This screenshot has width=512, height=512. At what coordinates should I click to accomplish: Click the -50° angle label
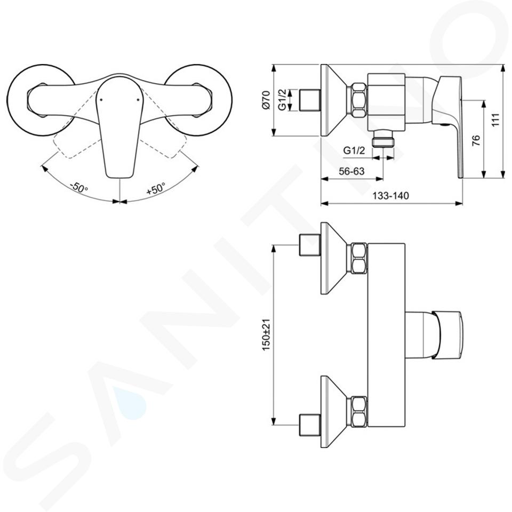pyautogui.click(x=79, y=187)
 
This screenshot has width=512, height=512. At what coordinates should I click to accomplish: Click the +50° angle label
pyautogui.click(x=155, y=188)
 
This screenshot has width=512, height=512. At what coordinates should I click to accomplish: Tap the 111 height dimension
pyautogui.click(x=495, y=120)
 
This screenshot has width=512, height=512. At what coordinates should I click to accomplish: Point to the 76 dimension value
pyautogui.click(x=476, y=140)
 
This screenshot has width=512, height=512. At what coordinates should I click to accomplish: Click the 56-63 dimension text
pyautogui.click(x=351, y=171)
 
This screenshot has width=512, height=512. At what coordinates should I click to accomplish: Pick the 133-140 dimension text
pyautogui.click(x=390, y=195)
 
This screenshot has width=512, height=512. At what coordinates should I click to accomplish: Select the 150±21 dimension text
pyautogui.click(x=266, y=335)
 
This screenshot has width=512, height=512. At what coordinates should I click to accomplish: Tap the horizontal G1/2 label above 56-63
pyautogui.click(x=354, y=150)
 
